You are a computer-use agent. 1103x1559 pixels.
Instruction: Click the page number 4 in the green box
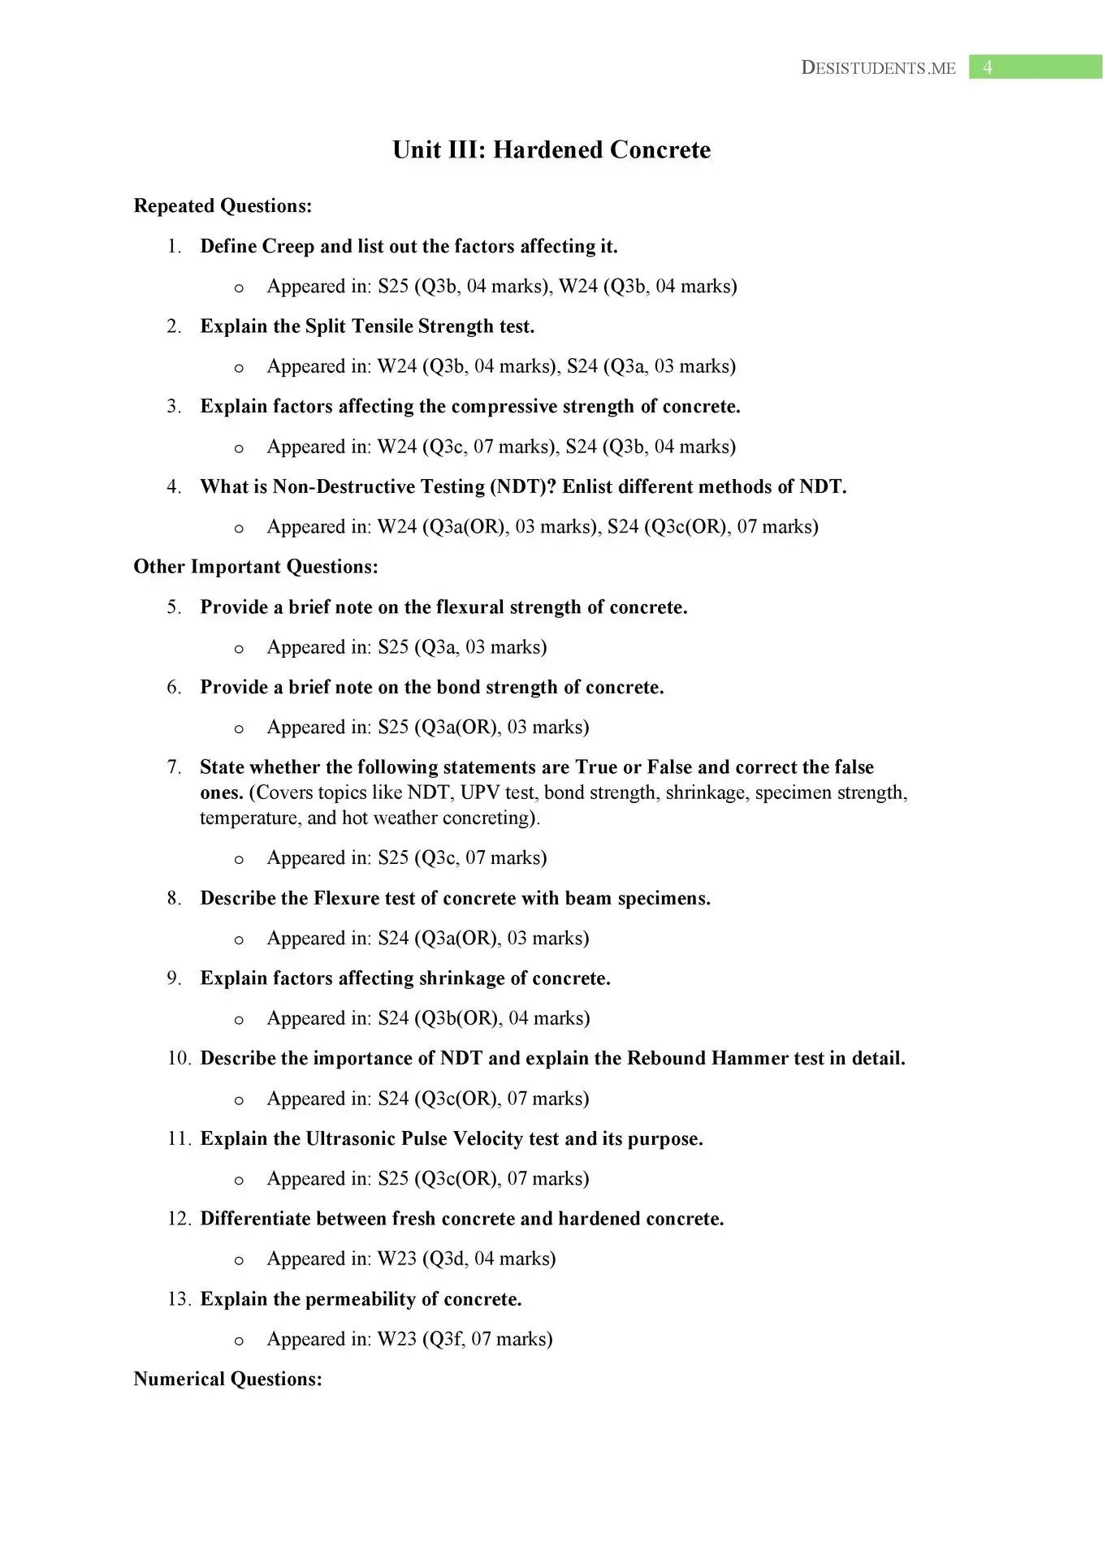tap(987, 67)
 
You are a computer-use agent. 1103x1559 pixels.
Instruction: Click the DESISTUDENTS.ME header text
tap(878, 68)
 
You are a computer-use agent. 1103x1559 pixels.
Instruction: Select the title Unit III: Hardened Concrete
tap(551, 150)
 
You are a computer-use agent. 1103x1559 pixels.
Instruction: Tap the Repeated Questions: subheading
tap(223, 206)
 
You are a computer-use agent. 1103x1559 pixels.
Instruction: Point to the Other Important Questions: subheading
tap(256, 567)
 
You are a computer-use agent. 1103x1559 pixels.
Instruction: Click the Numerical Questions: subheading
tap(227, 1379)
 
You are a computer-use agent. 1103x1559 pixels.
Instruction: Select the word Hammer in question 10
tap(750, 1059)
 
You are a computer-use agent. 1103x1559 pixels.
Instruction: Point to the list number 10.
tap(179, 1059)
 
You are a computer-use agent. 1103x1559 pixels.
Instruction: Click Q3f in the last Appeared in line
tap(445, 1339)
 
